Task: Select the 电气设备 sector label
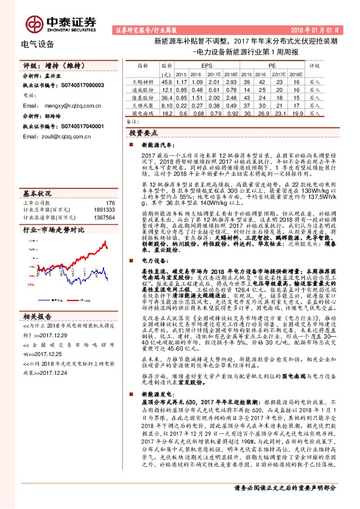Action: coord(37,44)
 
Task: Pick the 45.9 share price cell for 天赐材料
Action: coord(168,81)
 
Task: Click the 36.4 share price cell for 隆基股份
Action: coord(168,97)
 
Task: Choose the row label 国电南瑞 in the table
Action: coord(143,112)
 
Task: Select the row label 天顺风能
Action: coord(143,105)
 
